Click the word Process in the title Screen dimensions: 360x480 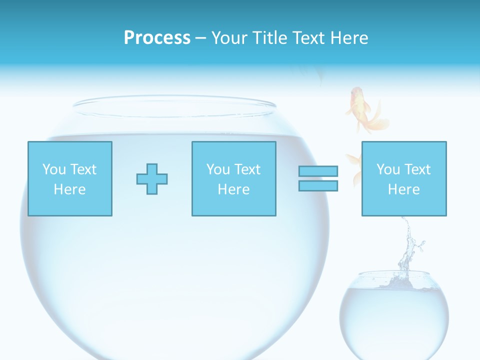(157, 38)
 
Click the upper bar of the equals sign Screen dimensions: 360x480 (318, 171)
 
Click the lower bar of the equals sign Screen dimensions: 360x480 (318, 186)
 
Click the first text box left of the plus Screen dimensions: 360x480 (69, 178)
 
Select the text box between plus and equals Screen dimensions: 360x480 (233, 178)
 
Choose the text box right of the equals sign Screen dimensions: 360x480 (403, 178)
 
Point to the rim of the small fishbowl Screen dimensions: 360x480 (394, 274)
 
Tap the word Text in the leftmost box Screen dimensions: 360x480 (82, 169)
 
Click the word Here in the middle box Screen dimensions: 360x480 (233, 189)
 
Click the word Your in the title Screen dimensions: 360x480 (229, 38)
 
